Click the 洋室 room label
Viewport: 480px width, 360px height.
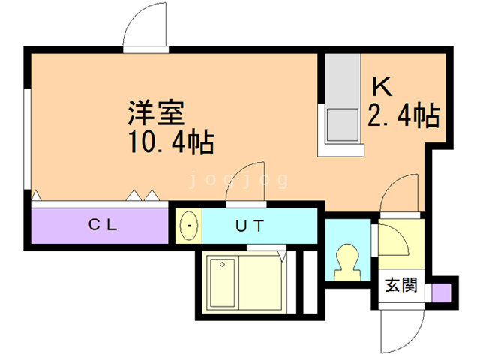(x=157, y=112)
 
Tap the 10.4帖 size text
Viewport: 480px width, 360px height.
(x=171, y=142)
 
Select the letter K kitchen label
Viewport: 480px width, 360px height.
(x=382, y=87)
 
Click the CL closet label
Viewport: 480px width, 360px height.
(x=103, y=225)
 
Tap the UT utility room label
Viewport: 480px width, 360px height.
(x=250, y=226)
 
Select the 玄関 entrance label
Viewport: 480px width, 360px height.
(x=401, y=285)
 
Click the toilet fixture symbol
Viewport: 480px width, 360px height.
(x=347, y=262)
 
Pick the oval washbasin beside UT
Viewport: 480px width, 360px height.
(x=189, y=226)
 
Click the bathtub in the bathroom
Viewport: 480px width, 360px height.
(x=222, y=282)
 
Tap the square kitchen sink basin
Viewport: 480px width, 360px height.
(x=343, y=125)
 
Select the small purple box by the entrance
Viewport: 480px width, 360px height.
(x=442, y=292)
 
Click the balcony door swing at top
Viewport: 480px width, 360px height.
(x=145, y=26)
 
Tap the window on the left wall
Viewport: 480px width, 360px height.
(x=27, y=139)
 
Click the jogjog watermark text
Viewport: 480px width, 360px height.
(x=238, y=179)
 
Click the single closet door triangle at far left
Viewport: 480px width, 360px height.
(x=37, y=195)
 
